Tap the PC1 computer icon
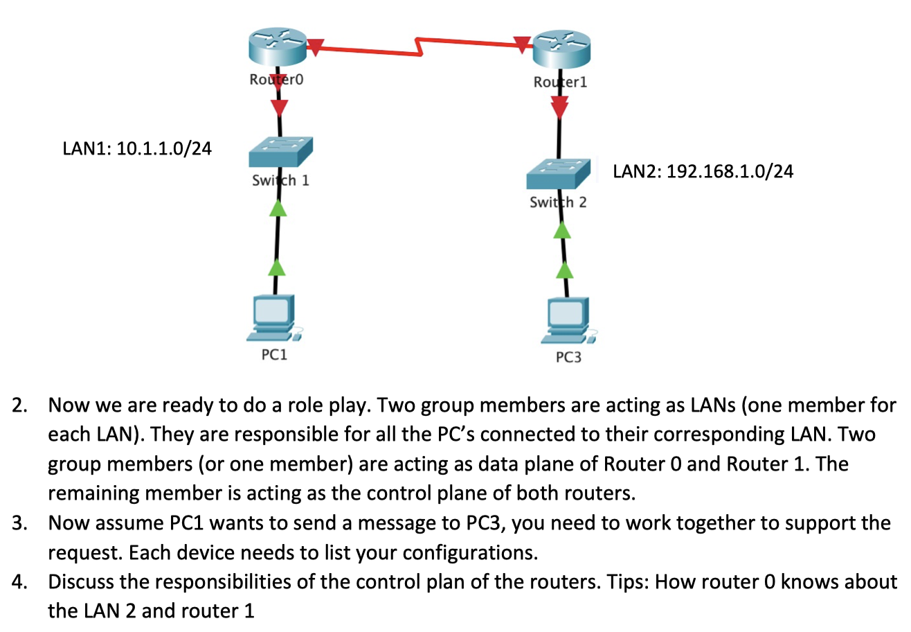275,318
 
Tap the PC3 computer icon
567,321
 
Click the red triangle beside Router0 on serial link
315,46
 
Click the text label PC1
274,355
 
